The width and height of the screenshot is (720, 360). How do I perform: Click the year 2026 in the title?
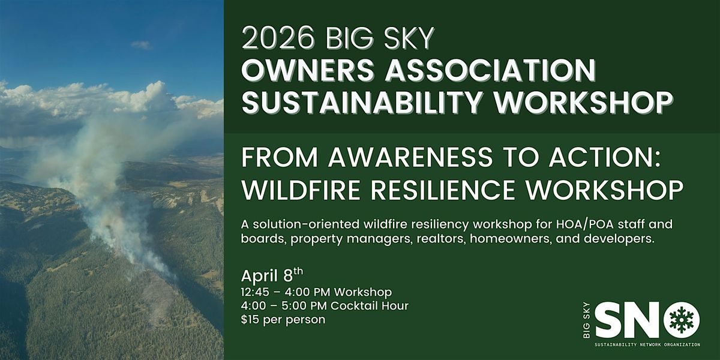(x=278, y=38)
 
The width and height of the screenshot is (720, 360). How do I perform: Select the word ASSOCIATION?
(x=491, y=70)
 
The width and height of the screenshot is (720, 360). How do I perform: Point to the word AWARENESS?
(x=410, y=157)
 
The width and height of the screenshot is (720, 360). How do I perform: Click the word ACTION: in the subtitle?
(x=605, y=157)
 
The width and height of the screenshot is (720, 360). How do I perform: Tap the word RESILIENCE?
(x=443, y=190)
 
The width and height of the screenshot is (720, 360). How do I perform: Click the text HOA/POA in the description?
(x=584, y=224)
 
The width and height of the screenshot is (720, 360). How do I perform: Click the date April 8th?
(x=272, y=275)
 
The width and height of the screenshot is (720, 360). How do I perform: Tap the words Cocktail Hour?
(x=370, y=305)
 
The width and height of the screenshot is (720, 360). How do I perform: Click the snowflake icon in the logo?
(x=682, y=320)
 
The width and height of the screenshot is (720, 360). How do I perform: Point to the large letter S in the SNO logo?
(x=608, y=320)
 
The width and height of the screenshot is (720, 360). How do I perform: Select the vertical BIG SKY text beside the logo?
(x=587, y=320)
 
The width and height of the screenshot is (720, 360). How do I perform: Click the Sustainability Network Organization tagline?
(x=647, y=344)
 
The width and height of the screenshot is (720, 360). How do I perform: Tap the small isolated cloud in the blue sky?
(x=141, y=44)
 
